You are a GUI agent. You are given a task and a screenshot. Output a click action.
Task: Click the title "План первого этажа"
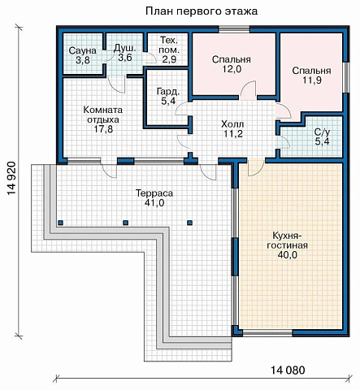[202, 11]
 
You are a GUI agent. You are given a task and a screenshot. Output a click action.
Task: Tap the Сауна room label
[83, 50]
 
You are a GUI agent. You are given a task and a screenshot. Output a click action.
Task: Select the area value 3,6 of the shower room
[125, 58]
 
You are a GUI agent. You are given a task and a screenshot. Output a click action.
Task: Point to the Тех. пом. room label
[170, 45]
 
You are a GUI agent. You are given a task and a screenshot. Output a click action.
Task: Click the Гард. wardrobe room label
[168, 92]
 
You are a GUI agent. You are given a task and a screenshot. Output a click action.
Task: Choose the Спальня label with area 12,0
[232, 59]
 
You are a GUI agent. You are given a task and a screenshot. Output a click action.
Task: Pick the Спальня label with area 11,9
[311, 71]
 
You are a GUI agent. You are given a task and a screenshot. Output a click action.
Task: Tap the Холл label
[232, 124]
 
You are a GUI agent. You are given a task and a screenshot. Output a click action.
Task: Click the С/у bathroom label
[323, 132]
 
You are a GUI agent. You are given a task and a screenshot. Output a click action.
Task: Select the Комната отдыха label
[103, 115]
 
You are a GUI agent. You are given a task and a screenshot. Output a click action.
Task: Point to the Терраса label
[154, 193]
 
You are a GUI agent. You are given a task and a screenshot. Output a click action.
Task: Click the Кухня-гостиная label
[287, 240]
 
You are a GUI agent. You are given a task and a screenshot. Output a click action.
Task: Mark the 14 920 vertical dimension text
[11, 178]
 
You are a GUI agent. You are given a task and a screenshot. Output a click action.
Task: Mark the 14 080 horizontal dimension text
[288, 370]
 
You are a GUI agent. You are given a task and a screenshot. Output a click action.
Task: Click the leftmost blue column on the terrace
[60, 223]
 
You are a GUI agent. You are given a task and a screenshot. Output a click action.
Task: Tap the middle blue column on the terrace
[125, 223]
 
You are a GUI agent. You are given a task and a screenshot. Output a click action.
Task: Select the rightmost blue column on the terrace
[190, 223]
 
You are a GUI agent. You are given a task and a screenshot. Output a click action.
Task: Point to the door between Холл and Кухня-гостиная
[256, 167]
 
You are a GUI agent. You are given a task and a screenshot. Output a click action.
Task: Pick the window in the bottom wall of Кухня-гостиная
[267, 333]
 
